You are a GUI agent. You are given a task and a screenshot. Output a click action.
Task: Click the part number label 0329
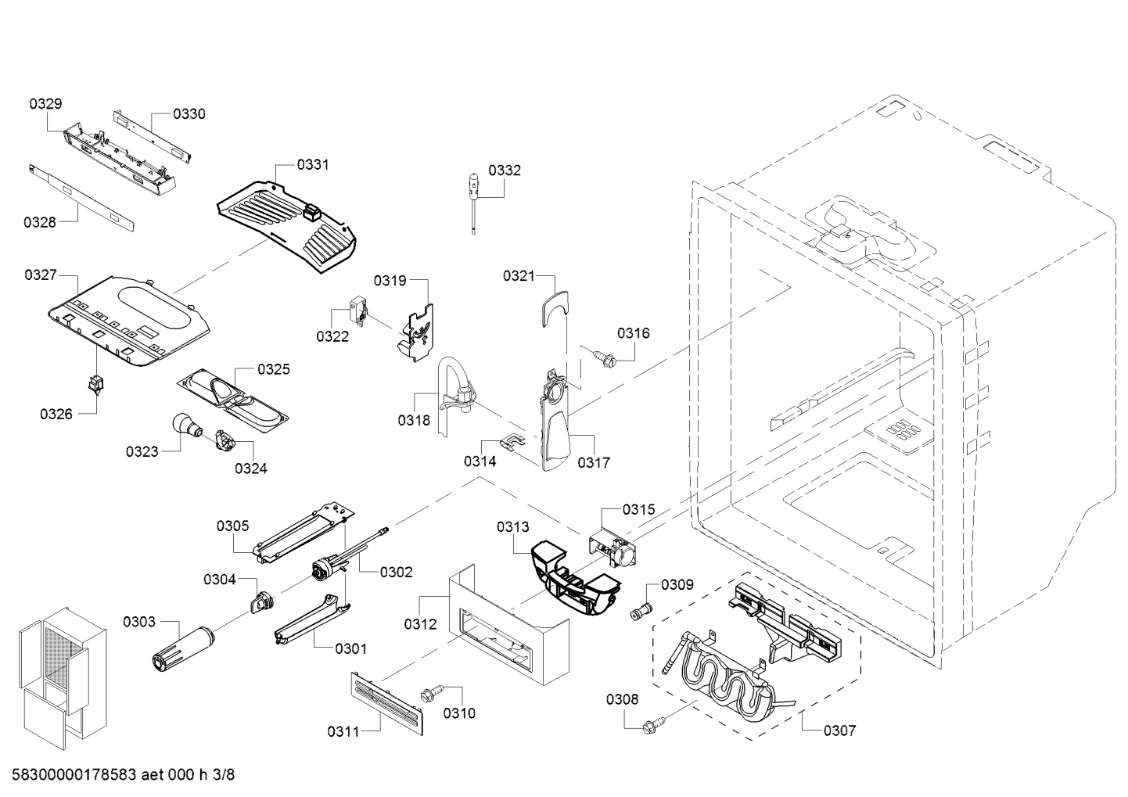46,104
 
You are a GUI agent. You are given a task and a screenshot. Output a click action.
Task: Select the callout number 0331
312,165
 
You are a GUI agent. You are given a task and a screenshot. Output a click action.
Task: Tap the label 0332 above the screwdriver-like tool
505,171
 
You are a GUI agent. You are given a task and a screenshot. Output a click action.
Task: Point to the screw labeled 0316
605,358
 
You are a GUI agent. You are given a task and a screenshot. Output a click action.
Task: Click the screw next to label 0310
430,693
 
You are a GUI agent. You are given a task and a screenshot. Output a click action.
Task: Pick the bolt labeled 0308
648,727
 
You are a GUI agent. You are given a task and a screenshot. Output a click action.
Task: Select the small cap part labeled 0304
260,603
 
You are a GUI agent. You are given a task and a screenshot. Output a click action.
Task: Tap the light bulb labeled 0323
187,427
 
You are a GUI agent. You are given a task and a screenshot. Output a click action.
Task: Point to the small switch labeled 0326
95,386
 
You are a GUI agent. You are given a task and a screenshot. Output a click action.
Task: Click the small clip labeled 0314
512,443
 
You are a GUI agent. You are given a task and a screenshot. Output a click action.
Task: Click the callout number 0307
839,731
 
